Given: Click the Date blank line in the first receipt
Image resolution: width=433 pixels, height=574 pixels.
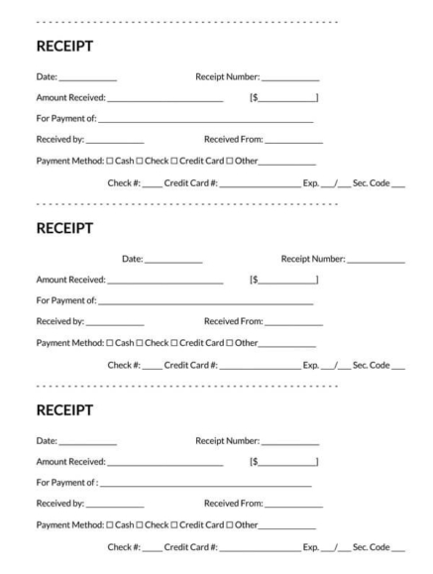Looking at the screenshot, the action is click(88, 78).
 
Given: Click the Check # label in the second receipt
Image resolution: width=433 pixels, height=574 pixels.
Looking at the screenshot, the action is click(123, 364).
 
